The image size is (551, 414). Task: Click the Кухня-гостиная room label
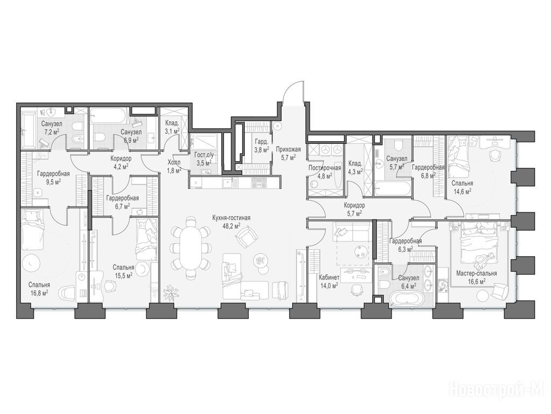(231, 218)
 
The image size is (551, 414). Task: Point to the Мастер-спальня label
(477, 273)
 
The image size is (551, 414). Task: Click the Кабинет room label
(329, 278)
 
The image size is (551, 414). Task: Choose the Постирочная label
(324, 168)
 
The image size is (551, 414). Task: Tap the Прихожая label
(288, 149)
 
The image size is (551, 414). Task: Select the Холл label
(174, 163)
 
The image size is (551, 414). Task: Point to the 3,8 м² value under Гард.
(262, 149)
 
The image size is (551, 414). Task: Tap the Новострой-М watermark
(497, 390)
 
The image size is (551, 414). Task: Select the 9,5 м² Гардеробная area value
(53, 181)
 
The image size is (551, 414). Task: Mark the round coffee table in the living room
(260, 260)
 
